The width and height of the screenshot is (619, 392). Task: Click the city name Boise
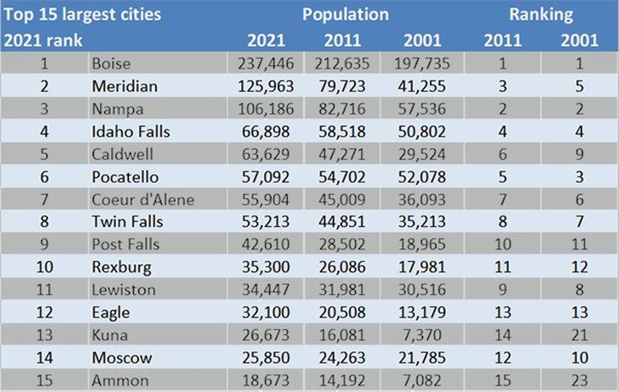pos(111,64)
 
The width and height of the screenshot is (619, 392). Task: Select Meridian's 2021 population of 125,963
pos(266,86)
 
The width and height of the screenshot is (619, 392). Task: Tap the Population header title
pos(345,14)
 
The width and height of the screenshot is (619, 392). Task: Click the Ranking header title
pos(540,14)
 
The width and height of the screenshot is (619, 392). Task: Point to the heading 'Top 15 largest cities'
pos(82,14)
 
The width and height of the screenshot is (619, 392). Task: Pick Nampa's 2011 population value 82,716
pos(342,109)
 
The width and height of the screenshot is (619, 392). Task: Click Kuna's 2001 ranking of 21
pos(579,335)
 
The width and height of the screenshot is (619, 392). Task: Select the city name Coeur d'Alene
pos(143,200)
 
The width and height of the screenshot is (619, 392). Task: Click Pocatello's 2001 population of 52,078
pos(422,177)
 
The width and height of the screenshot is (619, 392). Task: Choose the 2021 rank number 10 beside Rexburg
pos(44,268)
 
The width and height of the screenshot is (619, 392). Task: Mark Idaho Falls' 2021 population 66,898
pos(266,132)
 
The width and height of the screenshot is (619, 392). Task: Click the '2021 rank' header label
pos(43,40)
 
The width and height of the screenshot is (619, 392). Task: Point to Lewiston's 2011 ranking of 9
pos(502,290)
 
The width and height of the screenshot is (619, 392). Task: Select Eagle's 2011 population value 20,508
pos(342,313)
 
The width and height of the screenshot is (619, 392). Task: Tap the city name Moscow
pos(122,358)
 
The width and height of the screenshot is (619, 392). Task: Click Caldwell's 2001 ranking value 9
pos(579,154)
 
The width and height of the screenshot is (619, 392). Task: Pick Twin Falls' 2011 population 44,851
pos(342,222)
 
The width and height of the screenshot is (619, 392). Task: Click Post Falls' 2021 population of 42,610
pos(266,245)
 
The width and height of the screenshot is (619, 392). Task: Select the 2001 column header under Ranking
pos(579,40)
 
